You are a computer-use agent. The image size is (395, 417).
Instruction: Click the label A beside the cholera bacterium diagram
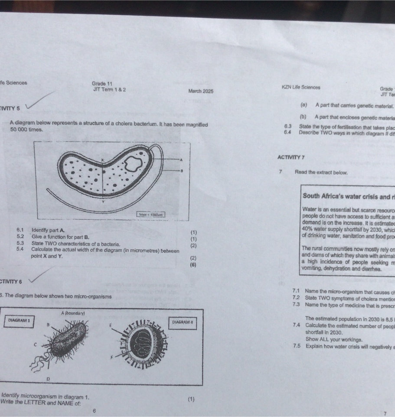[x=181, y=159]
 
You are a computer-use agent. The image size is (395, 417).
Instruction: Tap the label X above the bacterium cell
[x=103, y=160]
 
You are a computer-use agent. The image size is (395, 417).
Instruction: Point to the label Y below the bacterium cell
[x=103, y=202]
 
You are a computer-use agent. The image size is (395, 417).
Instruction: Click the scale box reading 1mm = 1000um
[x=150, y=215]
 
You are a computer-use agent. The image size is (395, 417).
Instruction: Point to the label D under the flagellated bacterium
[x=49, y=379]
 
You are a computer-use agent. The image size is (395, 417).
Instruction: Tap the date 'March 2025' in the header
[x=201, y=91]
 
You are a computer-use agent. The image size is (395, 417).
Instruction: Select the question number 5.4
[x=20, y=249]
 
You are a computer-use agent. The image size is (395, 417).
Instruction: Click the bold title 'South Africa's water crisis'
[x=347, y=196]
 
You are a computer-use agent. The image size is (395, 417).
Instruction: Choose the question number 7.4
[x=297, y=325]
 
